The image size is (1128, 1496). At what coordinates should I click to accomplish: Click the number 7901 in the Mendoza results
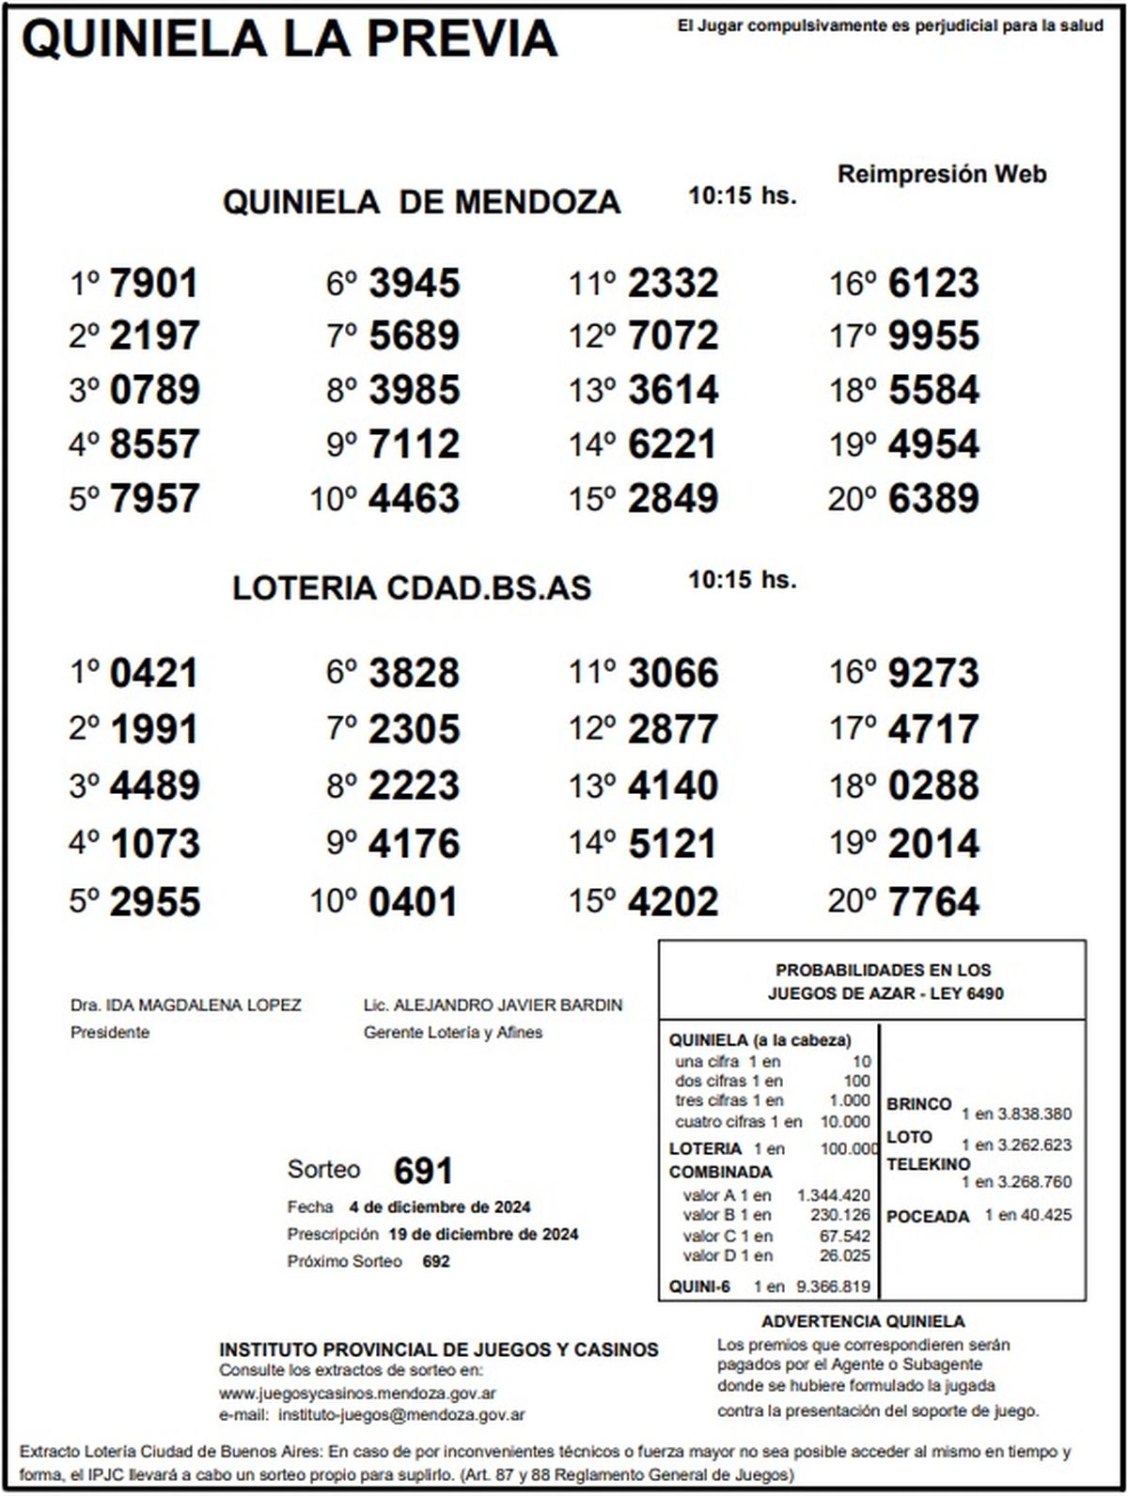[x=154, y=283]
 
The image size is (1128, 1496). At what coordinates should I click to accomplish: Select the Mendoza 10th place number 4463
[x=414, y=498]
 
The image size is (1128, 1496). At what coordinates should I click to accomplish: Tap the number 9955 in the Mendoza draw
[x=933, y=335]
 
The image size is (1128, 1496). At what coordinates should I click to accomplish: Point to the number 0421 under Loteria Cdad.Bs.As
[x=154, y=673]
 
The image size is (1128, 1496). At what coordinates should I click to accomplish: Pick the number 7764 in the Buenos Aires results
[x=933, y=901]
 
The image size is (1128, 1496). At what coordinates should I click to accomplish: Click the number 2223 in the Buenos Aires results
[x=414, y=786]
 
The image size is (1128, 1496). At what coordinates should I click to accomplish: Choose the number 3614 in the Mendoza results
[x=673, y=389]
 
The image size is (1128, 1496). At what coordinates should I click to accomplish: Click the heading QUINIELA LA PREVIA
[x=290, y=39]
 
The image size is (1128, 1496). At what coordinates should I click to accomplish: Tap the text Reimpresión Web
[x=941, y=174]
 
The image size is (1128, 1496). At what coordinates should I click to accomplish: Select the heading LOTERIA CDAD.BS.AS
[x=412, y=588]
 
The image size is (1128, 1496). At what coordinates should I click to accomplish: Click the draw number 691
[x=423, y=1171]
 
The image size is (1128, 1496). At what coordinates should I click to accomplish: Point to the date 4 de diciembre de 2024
[x=439, y=1208]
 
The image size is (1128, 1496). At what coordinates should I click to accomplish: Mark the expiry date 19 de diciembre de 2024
[x=483, y=1234]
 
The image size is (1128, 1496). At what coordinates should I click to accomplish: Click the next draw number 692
[x=436, y=1261]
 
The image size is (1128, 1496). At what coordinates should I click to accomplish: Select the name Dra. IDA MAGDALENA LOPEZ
[x=186, y=1005]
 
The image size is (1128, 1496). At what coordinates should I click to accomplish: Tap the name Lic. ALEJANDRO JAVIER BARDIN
[x=493, y=1005]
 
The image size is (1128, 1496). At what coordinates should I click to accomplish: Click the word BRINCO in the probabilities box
[x=918, y=1104]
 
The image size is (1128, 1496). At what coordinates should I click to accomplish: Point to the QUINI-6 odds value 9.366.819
[x=833, y=1286]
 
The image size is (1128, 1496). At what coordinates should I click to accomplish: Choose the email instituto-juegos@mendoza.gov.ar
[x=402, y=1414]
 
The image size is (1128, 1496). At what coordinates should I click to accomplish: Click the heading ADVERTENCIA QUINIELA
[x=863, y=1321]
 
